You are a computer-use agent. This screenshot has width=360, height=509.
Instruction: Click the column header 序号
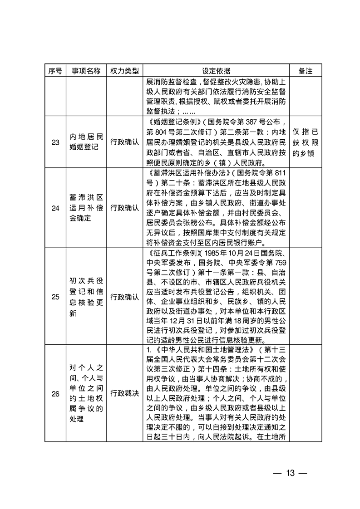pos(55,71)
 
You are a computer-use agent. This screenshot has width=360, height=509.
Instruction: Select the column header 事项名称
pos(85,71)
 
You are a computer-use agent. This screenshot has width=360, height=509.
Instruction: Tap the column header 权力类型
pos(121,71)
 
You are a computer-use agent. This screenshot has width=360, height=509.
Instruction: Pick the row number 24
pos(55,208)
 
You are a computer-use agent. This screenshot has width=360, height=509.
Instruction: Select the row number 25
pos(55,297)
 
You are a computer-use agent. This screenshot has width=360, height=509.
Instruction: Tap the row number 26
pos(55,393)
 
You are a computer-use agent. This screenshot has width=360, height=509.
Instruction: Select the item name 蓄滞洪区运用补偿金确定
pos(85,208)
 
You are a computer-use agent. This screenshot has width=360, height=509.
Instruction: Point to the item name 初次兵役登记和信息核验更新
pos(85,297)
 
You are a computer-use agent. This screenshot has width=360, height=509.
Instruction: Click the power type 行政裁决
pos(121,393)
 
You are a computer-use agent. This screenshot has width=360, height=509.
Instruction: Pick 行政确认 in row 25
pos(121,297)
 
